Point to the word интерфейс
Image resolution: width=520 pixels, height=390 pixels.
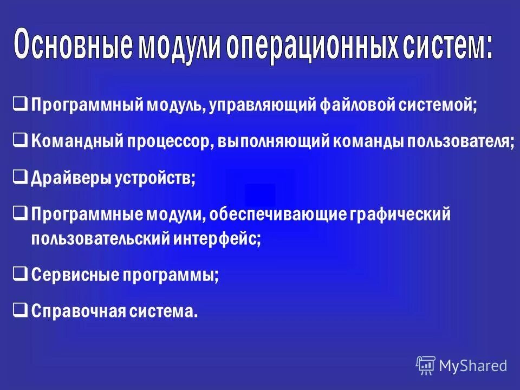click(x=216, y=238)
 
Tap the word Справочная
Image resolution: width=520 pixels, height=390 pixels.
click(x=79, y=311)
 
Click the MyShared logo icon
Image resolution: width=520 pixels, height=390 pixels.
click(x=426, y=365)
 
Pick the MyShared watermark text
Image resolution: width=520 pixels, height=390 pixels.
click(x=473, y=366)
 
